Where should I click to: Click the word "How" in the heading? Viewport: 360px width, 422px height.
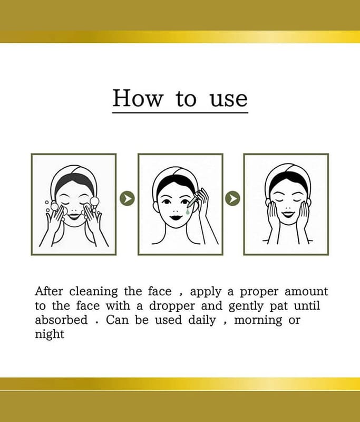point(138,98)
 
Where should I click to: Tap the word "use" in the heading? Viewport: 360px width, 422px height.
point(229,99)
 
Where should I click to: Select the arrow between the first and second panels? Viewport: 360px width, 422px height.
point(127,198)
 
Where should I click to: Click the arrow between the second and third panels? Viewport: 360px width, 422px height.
point(232,198)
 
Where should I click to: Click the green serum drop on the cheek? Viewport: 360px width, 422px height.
point(188,212)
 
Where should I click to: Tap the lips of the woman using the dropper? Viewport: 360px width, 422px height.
point(177,217)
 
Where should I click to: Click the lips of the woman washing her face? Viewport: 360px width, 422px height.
point(74,216)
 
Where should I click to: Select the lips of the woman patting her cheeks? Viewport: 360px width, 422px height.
point(288,214)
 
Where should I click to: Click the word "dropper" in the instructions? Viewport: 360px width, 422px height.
point(172,306)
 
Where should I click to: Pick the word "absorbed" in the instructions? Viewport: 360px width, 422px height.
point(61,320)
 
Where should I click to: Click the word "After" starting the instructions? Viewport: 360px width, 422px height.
point(49,292)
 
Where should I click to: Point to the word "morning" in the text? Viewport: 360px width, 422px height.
point(258,321)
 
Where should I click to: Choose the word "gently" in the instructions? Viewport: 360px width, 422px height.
point(246,306)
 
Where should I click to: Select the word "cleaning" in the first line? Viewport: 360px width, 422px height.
point(94,292)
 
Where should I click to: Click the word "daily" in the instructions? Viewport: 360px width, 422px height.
point(202,321)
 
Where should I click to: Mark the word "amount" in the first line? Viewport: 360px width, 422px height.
point(306,292)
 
